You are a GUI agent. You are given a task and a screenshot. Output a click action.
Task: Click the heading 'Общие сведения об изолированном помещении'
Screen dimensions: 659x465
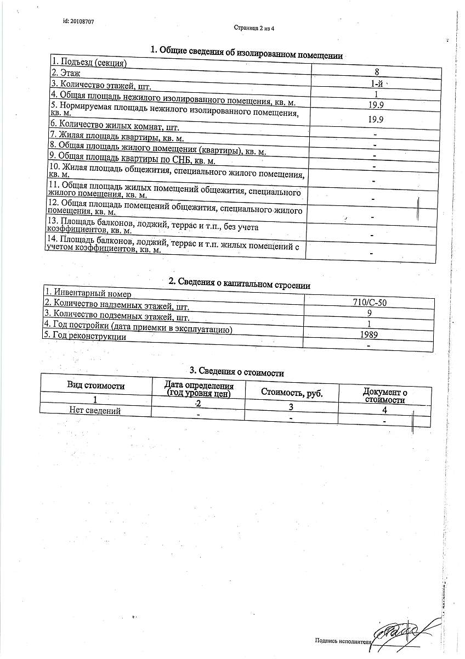click(247, 53)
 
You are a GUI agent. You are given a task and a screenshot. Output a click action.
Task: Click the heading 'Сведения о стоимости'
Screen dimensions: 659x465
click(236, 373)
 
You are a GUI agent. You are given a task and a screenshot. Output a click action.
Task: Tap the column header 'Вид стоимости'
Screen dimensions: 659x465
click(96, 386)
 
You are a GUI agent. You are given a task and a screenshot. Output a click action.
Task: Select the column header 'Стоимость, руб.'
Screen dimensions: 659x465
click(292, 393)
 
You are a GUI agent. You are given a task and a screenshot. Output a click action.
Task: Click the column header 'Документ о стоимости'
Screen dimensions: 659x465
click(385, 395)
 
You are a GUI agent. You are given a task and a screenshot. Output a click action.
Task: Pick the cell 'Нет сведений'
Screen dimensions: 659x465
click(95, 410)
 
